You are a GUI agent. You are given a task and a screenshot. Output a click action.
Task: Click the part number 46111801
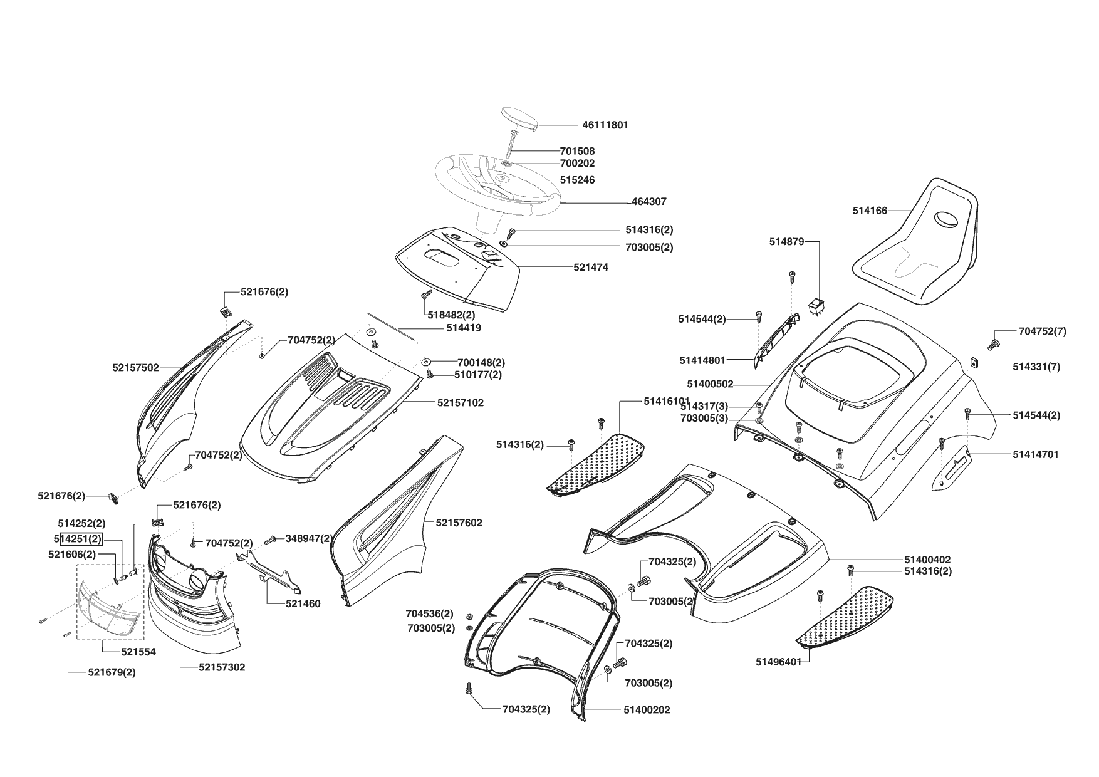pos(605,125)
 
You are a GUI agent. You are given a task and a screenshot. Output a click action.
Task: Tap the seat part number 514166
pos(870,211)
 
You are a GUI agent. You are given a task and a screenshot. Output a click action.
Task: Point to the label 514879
pos(786,242)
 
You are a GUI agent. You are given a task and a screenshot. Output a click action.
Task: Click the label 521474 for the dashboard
pos(590,268)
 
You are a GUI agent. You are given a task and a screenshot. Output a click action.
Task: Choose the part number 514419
pos(464,328)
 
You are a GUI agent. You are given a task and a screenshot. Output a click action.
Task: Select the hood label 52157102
pos(460,403)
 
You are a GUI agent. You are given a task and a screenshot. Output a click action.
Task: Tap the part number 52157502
pos(135,368)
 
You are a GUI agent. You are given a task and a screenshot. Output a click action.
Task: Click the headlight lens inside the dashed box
pos(108,607)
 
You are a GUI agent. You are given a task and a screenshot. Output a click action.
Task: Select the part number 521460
pos(303,604)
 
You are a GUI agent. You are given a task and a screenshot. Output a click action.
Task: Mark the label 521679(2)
pos(112,672)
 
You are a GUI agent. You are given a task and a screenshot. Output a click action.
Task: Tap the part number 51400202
pos(647,710)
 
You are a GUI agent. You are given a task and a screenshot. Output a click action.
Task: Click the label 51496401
pos(778,662)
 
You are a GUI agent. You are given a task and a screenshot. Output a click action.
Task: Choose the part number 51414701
pos(1035,454)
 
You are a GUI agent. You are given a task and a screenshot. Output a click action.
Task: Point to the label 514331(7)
pos(1036,367)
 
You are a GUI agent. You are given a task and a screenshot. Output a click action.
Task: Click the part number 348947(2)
pos(309,538)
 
